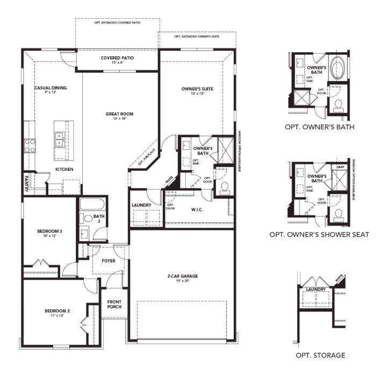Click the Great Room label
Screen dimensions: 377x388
tap(119, 114)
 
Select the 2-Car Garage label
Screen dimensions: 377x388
tap(182, 276)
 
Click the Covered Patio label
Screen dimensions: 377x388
tap(117, 58)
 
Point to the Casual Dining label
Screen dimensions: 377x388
tap(51, 88)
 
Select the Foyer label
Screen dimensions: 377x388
tap(109, 261)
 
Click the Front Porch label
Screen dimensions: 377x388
tap(114, 303)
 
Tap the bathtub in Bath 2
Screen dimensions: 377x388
tap(93, 206)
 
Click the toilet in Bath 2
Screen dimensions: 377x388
tap(86, 219)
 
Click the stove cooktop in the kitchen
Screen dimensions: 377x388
tap(29, 146)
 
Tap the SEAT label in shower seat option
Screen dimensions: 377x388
tap(340, 166)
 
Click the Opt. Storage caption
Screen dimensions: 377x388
tap(320, 355)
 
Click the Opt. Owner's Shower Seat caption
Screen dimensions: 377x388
tap(319, 235)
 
